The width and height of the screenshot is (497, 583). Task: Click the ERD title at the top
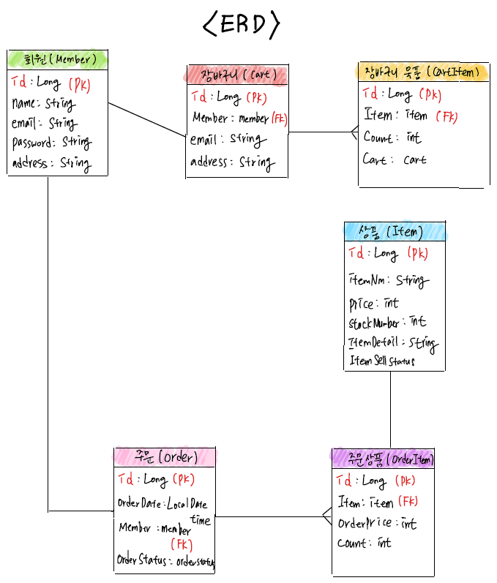241,25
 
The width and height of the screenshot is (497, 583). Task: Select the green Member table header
58,59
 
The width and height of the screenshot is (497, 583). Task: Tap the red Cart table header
236,75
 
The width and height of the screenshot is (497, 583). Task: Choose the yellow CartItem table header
423,72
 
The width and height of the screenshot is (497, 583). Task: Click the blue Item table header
394,232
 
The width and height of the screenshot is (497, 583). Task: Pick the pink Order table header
165,457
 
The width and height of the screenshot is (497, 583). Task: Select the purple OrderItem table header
383,459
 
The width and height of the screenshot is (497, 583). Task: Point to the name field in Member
43,103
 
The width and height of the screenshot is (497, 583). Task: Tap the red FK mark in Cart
278,118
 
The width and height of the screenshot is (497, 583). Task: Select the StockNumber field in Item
387,323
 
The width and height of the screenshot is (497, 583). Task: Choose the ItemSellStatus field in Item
382,361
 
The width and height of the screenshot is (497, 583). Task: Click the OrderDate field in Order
162,504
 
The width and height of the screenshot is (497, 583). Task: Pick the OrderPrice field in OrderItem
377,524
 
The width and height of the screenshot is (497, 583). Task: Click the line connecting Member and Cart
147,119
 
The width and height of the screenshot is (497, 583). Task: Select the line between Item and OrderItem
390,410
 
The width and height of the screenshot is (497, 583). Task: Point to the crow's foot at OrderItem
326,516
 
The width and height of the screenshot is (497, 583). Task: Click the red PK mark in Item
417,254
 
